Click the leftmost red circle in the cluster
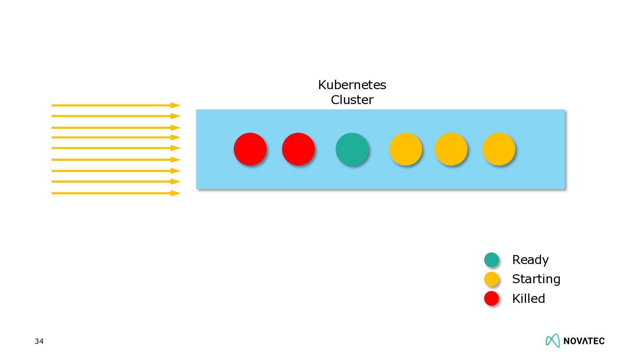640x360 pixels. pos(250,149)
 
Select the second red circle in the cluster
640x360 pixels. pos(298,149)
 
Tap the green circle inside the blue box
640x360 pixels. pos(352,149)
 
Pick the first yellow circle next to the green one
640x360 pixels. pos(405,149)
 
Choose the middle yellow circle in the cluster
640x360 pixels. pos(451,149)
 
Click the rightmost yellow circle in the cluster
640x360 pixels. pos(498,149)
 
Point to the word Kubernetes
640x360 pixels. pos(352,85)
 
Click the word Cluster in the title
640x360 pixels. pos(352,100)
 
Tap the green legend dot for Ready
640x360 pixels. pos(492,259)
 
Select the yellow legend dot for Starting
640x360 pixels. pos(492,279)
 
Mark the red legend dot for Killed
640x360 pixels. pos(492,298)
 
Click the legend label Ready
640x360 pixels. pos(530,260)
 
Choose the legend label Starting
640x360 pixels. pos(536,279)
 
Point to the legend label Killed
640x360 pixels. pos(528,299)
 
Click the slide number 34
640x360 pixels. pos(39,341)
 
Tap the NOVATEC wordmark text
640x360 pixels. pos(584,341)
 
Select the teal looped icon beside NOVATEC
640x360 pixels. pos(553,340)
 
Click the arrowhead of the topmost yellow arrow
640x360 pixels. pos(175,105)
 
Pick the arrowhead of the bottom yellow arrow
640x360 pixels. pos(175,193)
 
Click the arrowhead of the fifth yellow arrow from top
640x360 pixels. pos(175,148)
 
